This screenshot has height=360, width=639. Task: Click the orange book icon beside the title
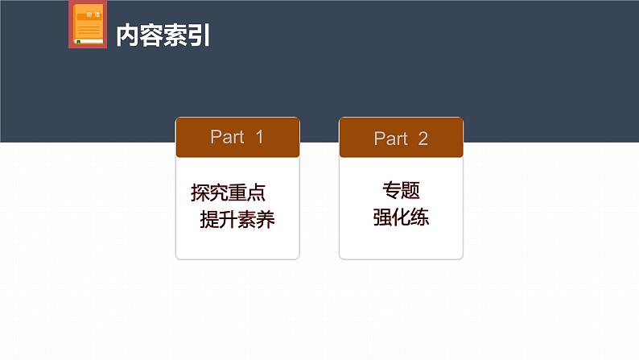tap(88, 24)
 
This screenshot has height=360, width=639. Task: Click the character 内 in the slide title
tap(128, 36)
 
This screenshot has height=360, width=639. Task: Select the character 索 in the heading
tap(175, 36)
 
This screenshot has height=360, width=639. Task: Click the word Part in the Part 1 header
tap(227, 137)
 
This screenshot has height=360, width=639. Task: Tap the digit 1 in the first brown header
tap(259, 137)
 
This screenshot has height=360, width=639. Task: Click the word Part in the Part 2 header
tap(390, 139)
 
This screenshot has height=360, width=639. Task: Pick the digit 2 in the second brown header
tap(423, 139)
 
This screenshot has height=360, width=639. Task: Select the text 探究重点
tap(229, 193)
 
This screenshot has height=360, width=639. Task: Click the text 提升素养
tap(237, 220)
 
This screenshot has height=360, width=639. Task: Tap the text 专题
tap(401, 191)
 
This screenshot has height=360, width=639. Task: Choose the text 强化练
tap(401, 217)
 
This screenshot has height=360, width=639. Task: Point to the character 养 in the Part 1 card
tap(266, 220)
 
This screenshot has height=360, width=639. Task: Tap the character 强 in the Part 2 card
tap(382, 217)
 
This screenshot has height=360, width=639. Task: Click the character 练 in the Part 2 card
tap(419, 217)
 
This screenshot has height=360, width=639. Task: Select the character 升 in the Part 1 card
tap(228, 220)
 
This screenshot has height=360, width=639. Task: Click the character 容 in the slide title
tap(151, 36)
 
